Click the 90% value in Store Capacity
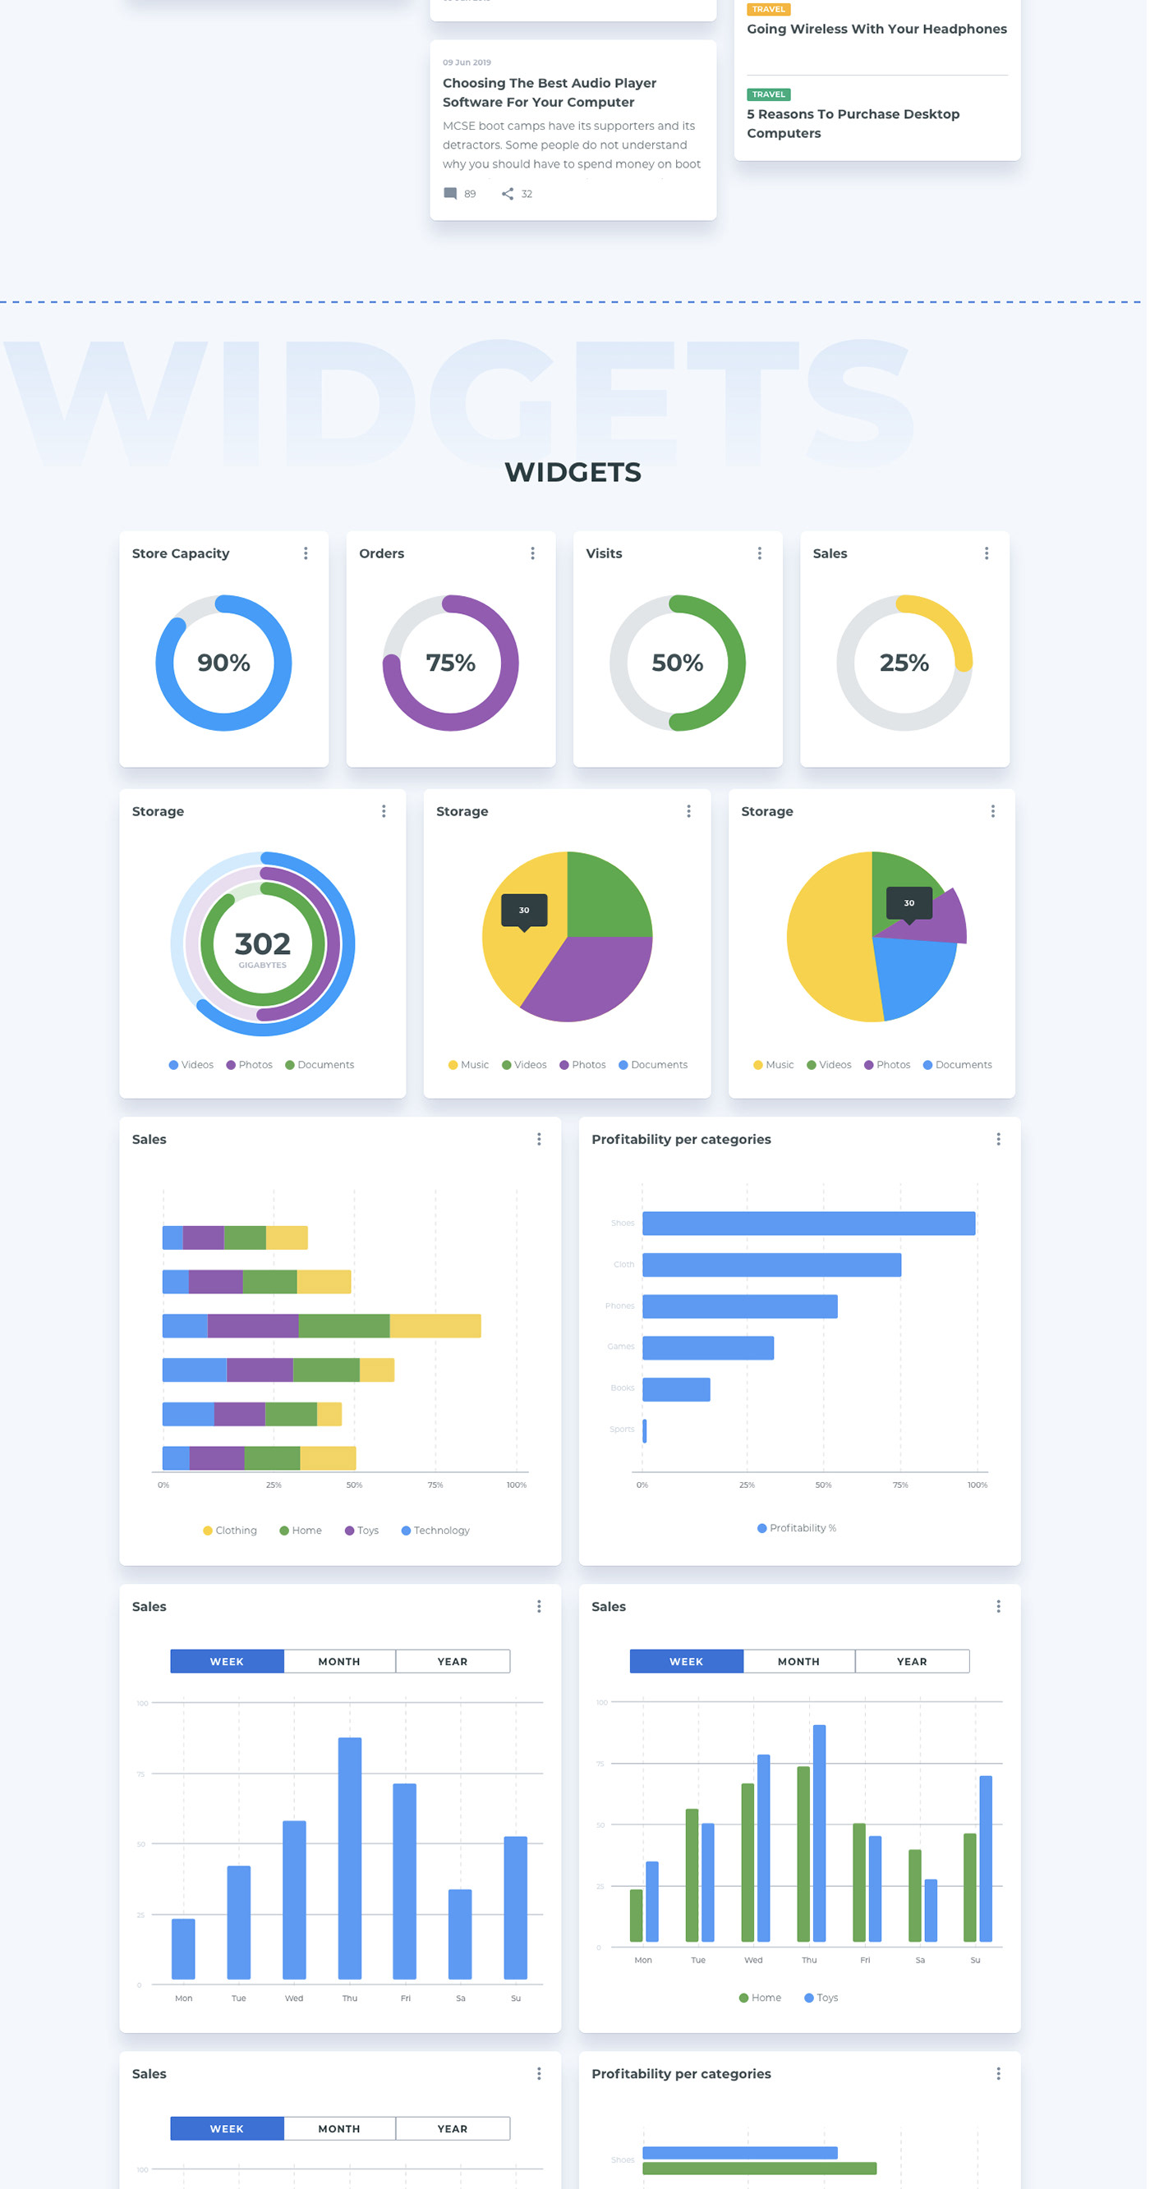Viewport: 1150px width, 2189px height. coord(223,663)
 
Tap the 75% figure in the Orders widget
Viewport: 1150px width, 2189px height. coord(450,663)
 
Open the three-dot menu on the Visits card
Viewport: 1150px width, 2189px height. coord(761,554)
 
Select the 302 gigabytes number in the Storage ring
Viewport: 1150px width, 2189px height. coord(263,945)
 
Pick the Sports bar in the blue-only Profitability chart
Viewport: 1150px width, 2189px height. coord(646,1433)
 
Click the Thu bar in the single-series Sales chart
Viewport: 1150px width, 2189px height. coord(350,1860)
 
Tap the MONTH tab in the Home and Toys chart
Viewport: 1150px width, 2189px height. coord(801,1664)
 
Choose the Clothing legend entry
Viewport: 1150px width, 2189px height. coord(230,1533)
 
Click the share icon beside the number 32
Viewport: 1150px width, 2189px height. coord(508,195)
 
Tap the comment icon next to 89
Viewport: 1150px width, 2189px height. coord(451,195)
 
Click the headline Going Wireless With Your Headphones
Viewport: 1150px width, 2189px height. coord(879,30)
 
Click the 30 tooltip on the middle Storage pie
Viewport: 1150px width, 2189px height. coord(525,911)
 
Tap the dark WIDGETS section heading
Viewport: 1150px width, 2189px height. coord(574,473)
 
